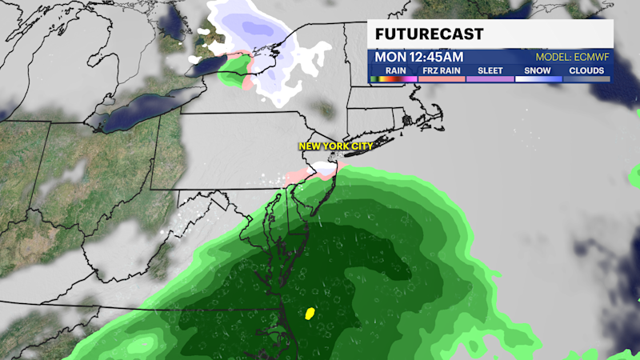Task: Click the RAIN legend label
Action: coord(394,70)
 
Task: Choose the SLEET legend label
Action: coord(490,70)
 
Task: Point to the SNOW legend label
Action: coord(538,70)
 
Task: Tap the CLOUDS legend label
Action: coord(586,70)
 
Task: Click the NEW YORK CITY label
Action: coord(336,146)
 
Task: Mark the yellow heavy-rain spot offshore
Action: coord(310,313)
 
